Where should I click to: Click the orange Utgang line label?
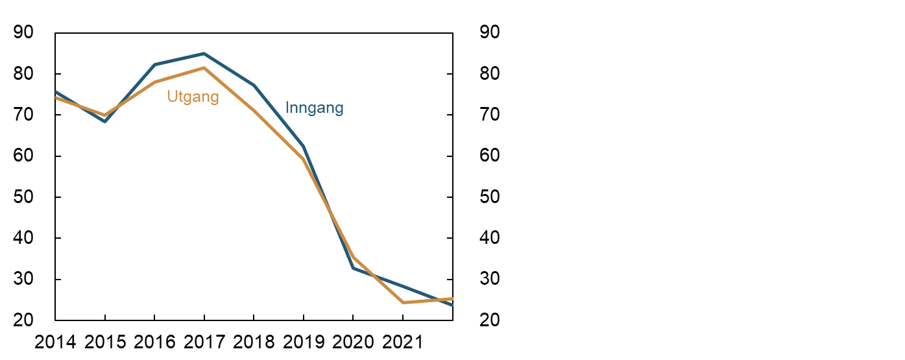193,97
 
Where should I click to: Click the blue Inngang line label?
314,108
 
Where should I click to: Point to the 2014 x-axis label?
55,342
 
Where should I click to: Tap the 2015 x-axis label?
105,342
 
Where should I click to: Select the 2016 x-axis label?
154,342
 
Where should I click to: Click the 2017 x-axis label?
204,342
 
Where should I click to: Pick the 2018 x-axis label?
254,342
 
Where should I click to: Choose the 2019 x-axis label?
304,342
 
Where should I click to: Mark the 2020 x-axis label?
353,342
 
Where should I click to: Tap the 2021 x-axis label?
403,342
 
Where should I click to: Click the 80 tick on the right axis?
490,74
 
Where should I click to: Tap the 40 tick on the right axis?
490,238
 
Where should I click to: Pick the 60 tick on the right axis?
490,156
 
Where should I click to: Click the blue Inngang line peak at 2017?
204,53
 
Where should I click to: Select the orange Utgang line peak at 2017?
204,67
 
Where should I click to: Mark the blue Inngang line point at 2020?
353,268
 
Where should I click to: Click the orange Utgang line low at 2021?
403,302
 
